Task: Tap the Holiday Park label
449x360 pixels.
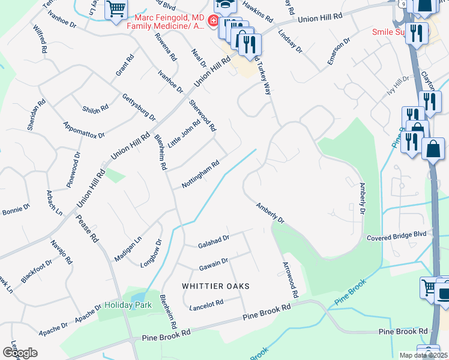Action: point(124,305)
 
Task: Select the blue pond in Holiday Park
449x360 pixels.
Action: point(137,297)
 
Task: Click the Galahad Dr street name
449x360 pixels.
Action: point(214,242)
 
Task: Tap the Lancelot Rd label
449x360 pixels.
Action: point(206,306)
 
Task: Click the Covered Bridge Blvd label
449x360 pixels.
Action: point(396,238)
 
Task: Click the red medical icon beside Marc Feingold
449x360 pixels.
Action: point(212,21)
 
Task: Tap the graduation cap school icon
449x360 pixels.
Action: point(225,5)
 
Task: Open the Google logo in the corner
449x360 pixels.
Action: point(19,352)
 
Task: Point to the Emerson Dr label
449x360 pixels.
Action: point(338,53)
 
